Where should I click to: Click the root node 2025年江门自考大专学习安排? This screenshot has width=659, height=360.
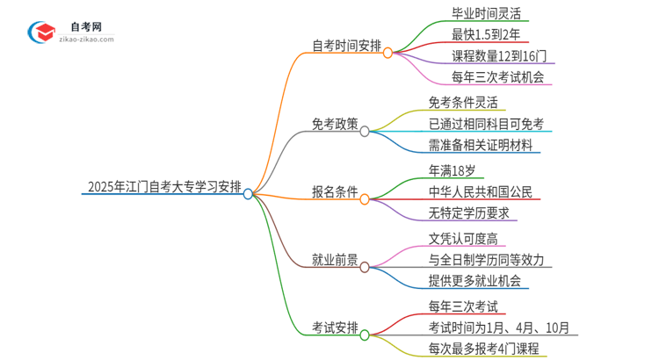(x=164, y=185)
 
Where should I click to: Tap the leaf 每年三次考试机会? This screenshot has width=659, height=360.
(x=486, y=76)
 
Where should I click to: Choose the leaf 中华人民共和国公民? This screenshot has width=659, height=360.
(x=480, y=191)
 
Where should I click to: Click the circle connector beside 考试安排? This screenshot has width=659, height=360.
(x=365, y=335)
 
